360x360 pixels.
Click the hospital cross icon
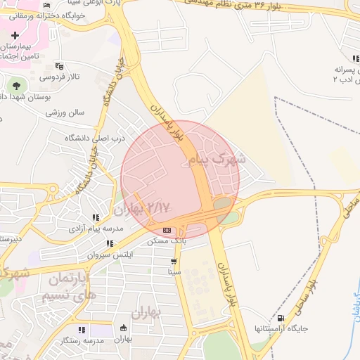[x=15, y=34]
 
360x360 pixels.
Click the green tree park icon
[x=15, y=86]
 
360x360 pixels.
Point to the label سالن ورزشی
[x=65, y=112]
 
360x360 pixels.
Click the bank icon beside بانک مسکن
[x=167, y=230]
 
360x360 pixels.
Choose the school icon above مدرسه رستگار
[x=82, y=329]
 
